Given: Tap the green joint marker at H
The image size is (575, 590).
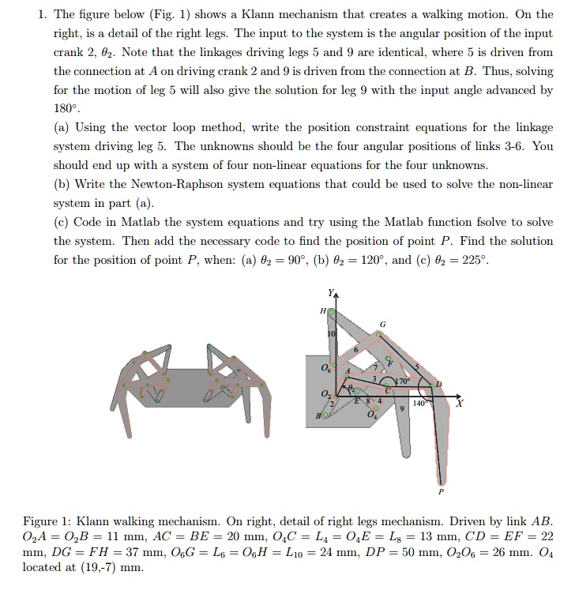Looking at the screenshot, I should (331, 313).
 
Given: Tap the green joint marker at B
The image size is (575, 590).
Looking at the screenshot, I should (324, 415).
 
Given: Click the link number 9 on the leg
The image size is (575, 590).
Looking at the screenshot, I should (402, 408).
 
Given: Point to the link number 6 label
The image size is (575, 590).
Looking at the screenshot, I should (356, 350).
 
